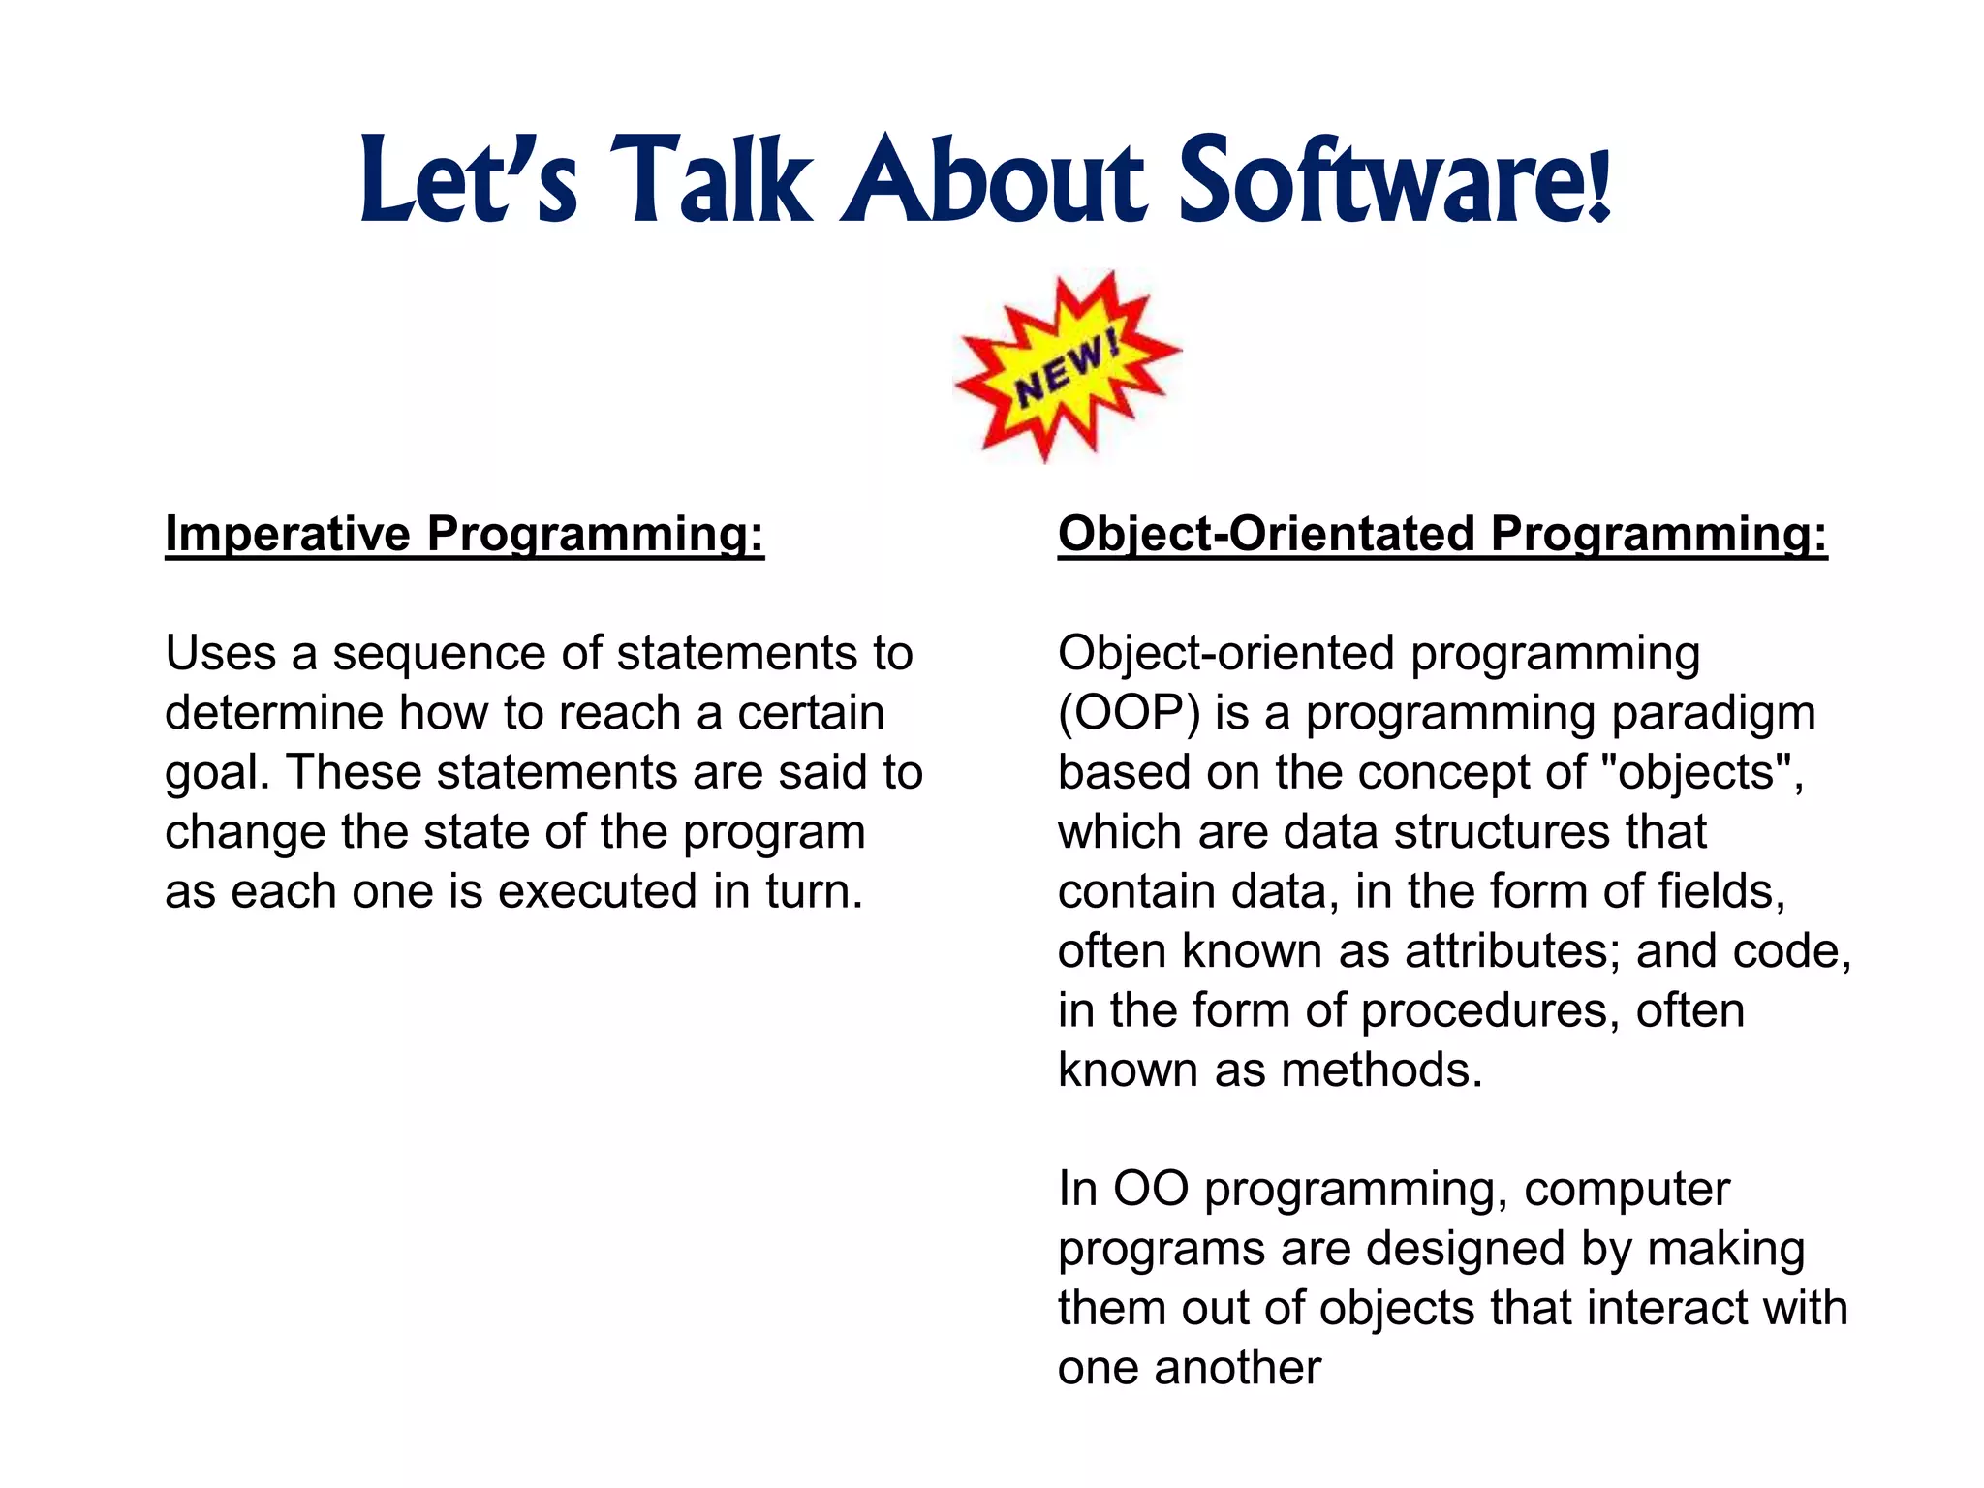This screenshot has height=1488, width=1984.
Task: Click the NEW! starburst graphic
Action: pyautogui.click(x=1068, y=365)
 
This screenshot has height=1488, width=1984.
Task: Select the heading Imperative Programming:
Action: pyautogui.click(x=464, y=534)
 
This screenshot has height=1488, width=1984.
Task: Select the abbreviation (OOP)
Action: pyautogui.click(x=1129, y=714)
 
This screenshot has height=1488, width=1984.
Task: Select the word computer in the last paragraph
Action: pyautogui.click(x=1627, y=1191)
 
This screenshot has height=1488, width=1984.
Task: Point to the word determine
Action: pyautogui.click(x=274, y=714)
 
